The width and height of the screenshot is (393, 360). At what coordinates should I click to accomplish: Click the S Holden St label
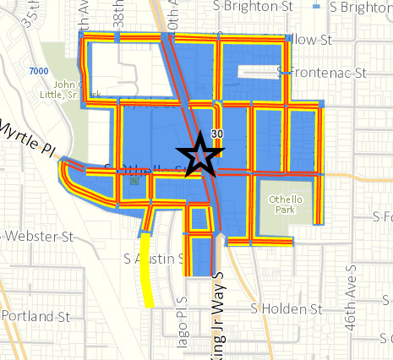coord(288,309)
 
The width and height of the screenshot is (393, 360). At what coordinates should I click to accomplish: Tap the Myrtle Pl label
coord(25,137)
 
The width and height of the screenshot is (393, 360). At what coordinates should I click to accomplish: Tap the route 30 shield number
coord(217,134)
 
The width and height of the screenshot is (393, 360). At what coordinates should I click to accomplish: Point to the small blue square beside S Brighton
coord(316,7)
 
